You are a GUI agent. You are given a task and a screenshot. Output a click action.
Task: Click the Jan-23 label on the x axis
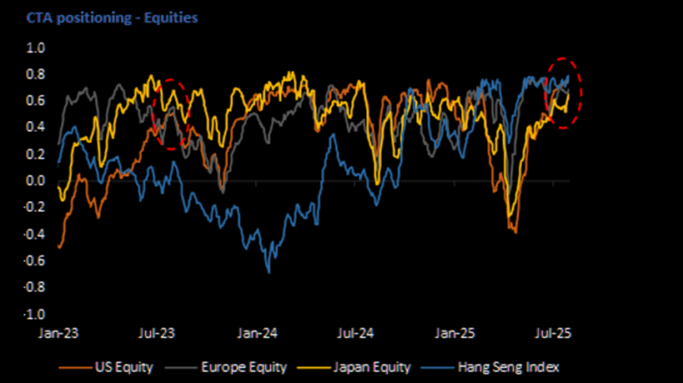[x=58, y=332]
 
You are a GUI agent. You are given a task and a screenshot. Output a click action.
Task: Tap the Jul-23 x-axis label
[x=156, y=332]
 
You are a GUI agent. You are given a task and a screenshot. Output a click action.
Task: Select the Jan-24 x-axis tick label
[x=257, y=332]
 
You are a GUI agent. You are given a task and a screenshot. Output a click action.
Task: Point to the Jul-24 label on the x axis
[x=354, y=332]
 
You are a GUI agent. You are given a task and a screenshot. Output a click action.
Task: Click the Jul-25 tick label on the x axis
[x=553, y=332]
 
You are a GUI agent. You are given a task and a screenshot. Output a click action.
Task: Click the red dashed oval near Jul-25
[x=563, y=93]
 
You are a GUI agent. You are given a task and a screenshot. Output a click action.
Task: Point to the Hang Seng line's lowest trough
[x=269, y=271]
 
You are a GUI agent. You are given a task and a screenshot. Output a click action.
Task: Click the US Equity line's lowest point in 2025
[x=515, y=232]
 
